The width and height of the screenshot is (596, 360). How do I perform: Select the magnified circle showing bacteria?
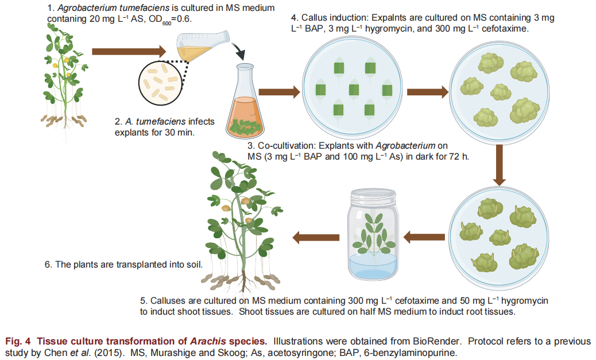[161, 83]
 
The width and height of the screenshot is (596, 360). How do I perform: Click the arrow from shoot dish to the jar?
[425, 235]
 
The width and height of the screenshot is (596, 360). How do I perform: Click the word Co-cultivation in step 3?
[285, 146]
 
